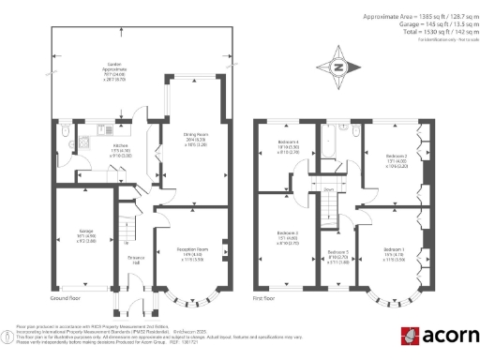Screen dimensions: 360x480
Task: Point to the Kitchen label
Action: click(120, 145)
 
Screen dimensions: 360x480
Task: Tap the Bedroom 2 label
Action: click(397, 156)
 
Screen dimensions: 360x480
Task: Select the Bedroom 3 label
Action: click(288, 232)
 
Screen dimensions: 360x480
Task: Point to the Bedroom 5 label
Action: click(337, 253)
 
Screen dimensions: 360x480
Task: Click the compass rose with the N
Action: click(338, 67)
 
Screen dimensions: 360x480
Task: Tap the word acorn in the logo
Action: click(449, 336)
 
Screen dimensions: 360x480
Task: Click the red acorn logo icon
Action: click(411, 336)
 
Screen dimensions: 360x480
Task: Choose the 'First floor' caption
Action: click(263, 298)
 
